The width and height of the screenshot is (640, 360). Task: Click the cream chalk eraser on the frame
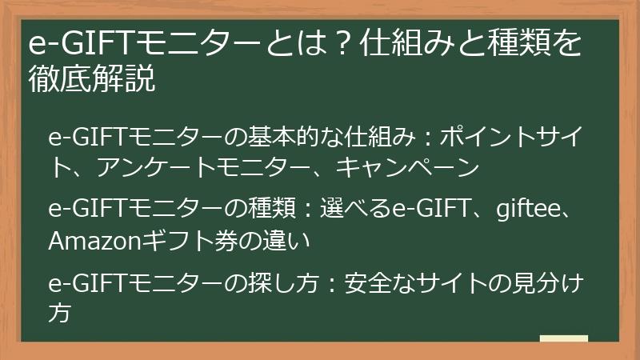(563, 341)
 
